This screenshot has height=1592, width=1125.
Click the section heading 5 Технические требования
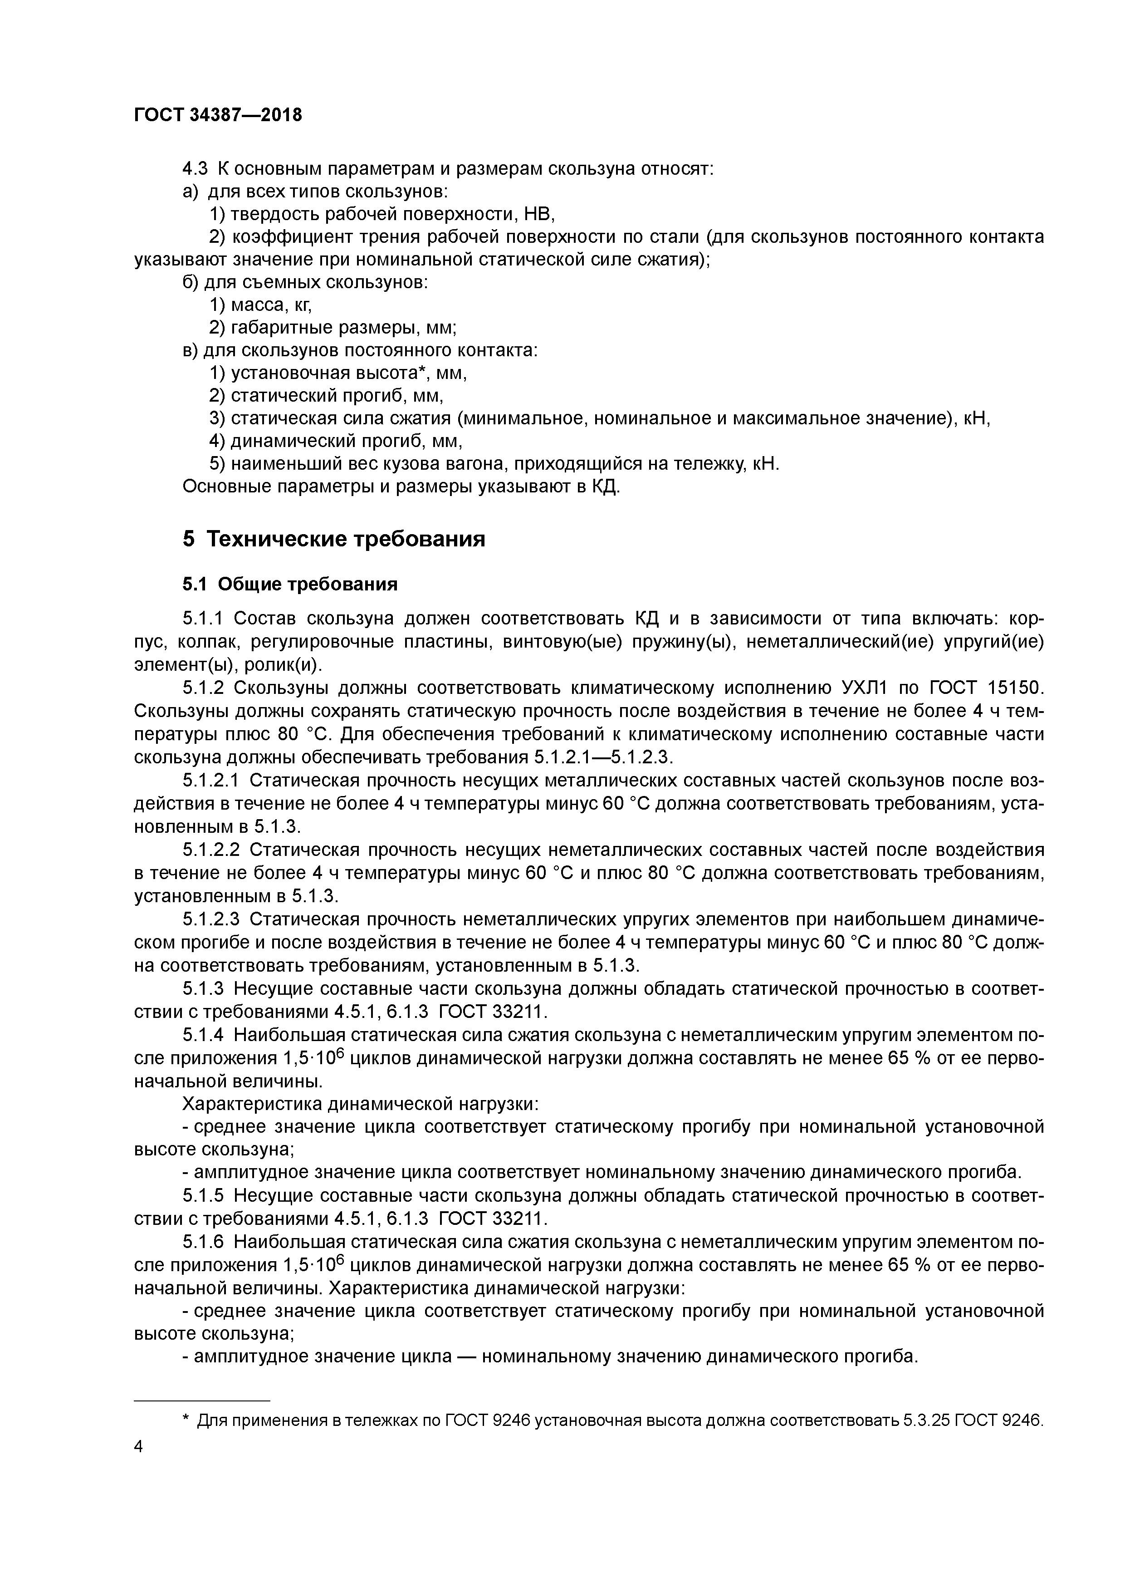point(333,539)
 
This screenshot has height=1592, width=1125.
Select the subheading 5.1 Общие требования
point(290,585)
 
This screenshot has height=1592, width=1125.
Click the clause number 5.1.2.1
point(211,781)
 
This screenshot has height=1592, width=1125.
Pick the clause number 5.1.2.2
point(211,850)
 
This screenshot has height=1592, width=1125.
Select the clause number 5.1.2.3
point(211,919)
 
